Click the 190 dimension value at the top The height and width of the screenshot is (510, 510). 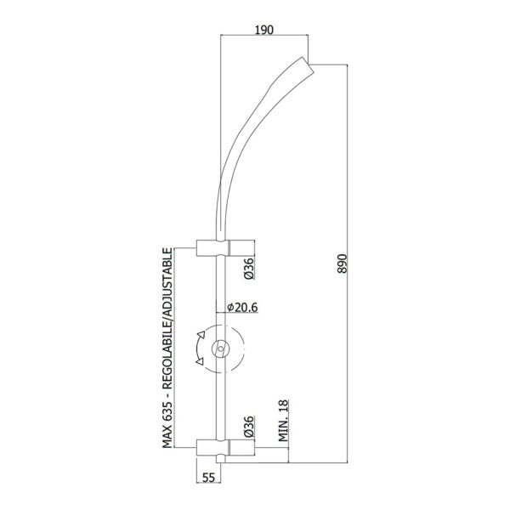264,30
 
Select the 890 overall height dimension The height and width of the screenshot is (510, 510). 343,263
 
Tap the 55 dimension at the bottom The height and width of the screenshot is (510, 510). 209,477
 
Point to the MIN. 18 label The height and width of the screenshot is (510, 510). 283,421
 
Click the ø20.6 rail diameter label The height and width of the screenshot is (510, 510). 242,308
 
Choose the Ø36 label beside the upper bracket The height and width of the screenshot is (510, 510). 249,269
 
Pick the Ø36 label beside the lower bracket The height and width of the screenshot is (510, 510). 249,427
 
